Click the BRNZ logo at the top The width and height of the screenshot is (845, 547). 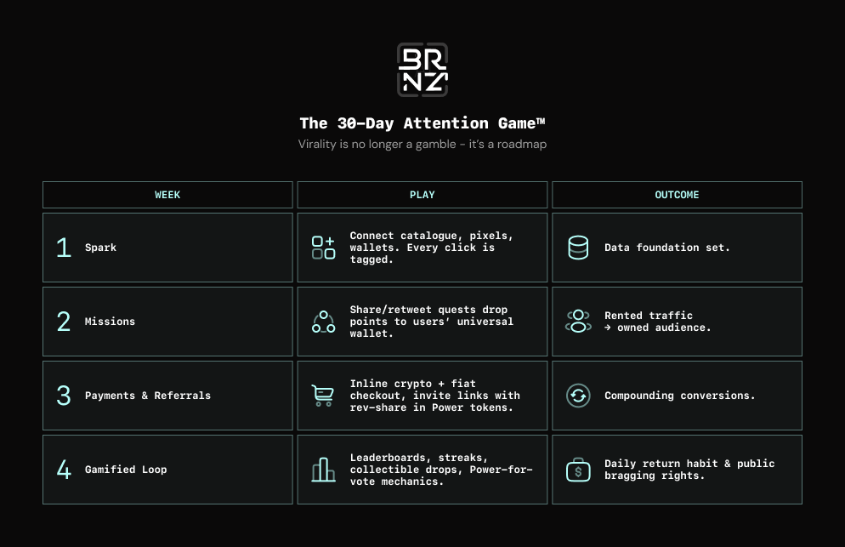click(x=422, y=70)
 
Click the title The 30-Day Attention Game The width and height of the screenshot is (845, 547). click(x=422, y=123)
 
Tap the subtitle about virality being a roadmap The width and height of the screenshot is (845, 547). click(x=422, y=144)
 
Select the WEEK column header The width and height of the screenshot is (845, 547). click(x=167, y=195)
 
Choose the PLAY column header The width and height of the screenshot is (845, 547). click(x=422, y=195)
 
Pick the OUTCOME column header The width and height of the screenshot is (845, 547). click(x=677, y=195)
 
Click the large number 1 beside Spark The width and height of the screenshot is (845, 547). click(x=64, y=248)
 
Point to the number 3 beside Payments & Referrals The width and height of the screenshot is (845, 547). click(x=64, y=396)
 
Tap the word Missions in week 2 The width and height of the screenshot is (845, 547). click(x=110, y=322)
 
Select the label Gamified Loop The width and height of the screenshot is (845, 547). click(x=126, y=470)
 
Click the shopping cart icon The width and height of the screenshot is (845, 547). click(x=323, y=396)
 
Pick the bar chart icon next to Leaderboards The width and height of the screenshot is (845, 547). click(x=323, y=470)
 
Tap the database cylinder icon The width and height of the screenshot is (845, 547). click(x=578, y=248)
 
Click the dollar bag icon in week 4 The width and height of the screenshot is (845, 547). click(x=578, y=470)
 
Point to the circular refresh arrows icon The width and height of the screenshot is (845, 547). click(x=578, y=396)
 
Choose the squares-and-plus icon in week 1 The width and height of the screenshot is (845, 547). click(x=323, y=248)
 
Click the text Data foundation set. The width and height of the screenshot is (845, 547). click(x=667, y=248)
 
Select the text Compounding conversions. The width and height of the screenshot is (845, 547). click(x=679, y=396)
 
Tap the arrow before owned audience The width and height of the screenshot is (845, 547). click(x=608, y=328)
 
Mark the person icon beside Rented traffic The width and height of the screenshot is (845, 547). click(x=578, y=322)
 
